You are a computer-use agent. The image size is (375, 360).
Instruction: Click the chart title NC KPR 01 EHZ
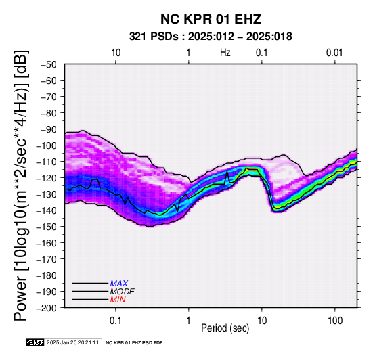click(x=211, y=19)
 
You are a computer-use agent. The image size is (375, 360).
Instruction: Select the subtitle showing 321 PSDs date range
click(x=211, y=37)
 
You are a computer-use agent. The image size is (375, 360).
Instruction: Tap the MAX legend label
click(x=119, y=284)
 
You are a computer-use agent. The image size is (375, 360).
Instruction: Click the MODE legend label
click(x=123, y=292)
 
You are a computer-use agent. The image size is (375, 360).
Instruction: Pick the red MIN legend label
click(x=118, y=300)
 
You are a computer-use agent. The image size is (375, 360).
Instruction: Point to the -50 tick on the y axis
click(x=49, y=64)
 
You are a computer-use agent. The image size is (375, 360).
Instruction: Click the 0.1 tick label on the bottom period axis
click(x=116, y=321)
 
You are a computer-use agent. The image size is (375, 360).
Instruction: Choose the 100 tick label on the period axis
click(x=335, y=321)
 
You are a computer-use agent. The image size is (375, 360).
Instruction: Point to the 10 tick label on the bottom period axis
click(x=262, y=321)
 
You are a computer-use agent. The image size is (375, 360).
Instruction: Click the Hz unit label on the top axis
click(x=225, y=53)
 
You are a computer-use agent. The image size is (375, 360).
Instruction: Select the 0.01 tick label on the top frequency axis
click(x=334, y=53)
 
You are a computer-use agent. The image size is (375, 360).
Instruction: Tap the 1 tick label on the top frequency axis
click(x=189, y=53)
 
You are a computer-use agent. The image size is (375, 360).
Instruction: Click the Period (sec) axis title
click(x=225, y=328)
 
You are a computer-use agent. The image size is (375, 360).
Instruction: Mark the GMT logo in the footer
click(x=35, y=343)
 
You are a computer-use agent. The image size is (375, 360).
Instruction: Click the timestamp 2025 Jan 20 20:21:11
click(x=72, y=343)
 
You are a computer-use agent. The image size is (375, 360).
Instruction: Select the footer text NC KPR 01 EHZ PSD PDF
click(x=134, y=343)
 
